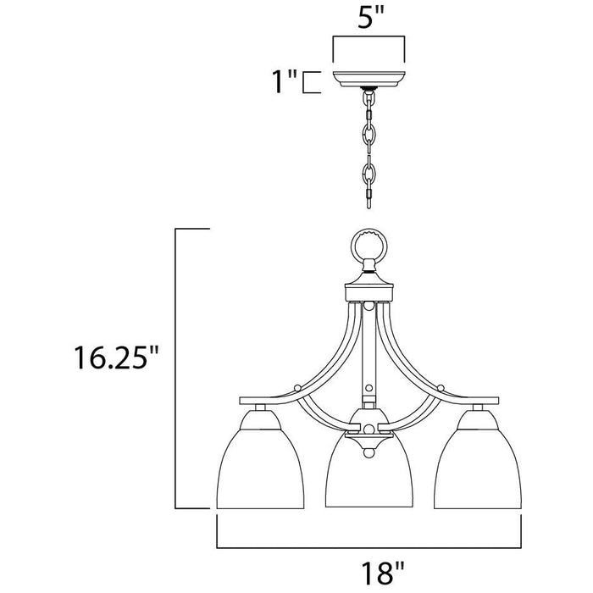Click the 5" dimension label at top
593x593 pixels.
pos(371,17)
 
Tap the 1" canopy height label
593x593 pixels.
pos(284,81)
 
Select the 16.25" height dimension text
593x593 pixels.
pos(116,357)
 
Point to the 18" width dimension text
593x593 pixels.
pos(383,573)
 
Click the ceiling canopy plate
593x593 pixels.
pos(369,79)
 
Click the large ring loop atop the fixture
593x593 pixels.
pos(369,245)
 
